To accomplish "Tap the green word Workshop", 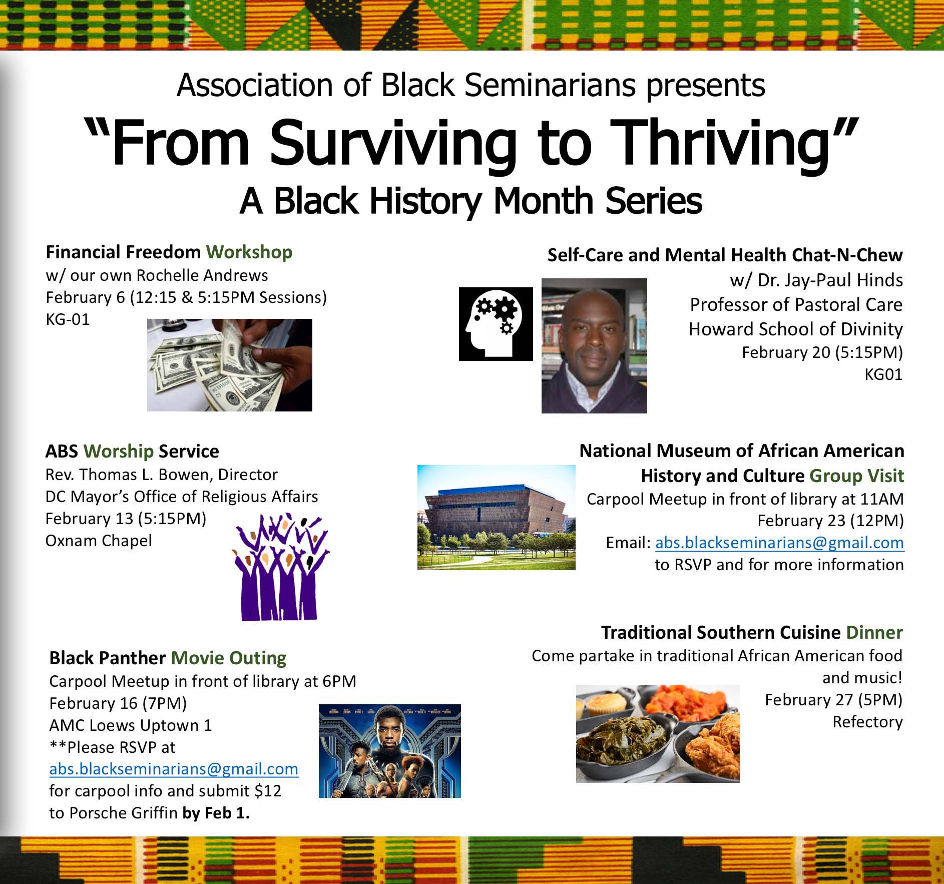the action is [249, 252].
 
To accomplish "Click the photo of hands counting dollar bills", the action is [229, 365].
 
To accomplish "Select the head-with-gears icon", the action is [496, 324].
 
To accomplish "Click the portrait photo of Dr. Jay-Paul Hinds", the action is [594, 346].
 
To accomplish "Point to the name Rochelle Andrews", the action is [202, 275].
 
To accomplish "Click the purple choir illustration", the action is [280, 567].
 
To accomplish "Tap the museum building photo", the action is [496, 517].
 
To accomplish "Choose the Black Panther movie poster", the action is [389, 751].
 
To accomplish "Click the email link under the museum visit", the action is [779, 543].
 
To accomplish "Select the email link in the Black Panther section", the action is [174, 769].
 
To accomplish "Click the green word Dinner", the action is [874, 632].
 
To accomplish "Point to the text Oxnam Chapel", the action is [99, 541].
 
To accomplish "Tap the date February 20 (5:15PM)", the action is [822, 352].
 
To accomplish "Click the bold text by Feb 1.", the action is [216, 813].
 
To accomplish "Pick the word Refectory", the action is [867, 722].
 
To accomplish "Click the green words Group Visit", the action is [857, 476].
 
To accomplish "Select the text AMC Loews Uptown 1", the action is [131, 725].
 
